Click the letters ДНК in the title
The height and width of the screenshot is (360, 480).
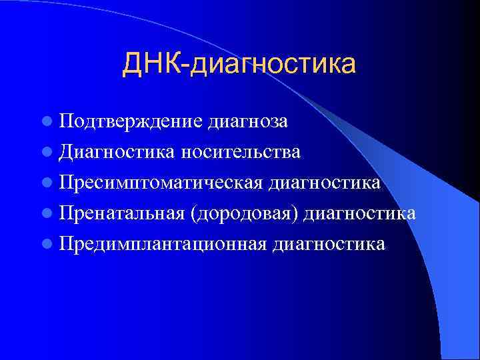click(x=155, y=64)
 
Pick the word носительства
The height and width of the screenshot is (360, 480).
click(x=238, y=152)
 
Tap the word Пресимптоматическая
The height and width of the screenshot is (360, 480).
click(x=159, y=183)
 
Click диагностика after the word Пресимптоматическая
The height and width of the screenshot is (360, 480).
click(x=324, y=183)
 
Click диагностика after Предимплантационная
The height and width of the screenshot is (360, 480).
click(x=328, y=244)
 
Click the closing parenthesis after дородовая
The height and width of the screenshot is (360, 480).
click(x=300, y=214)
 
